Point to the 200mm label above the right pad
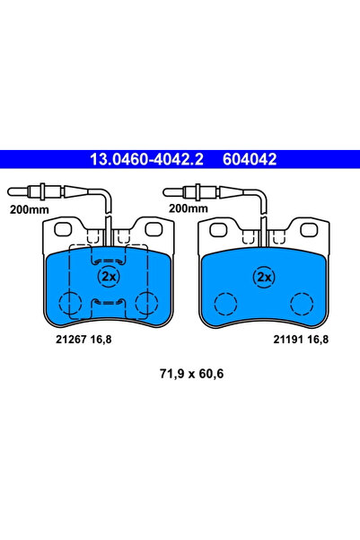188,208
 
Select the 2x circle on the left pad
110,275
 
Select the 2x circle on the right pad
264,277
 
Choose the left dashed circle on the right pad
224,304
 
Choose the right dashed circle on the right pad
302,304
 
